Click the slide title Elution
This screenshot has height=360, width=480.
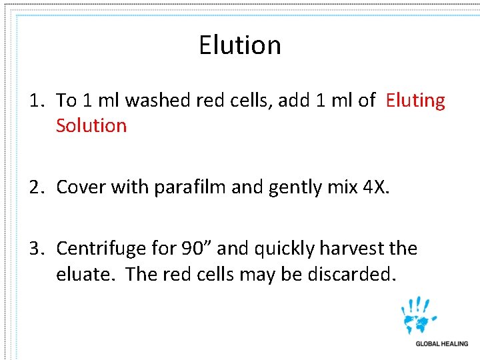click(240, 45)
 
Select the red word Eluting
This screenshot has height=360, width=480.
click(415, 101)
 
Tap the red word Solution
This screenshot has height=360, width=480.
click(91, 125)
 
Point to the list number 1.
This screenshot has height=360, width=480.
click(36, 101)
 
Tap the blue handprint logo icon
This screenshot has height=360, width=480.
click(419, 315)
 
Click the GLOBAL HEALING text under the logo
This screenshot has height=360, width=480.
click(441, 344)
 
